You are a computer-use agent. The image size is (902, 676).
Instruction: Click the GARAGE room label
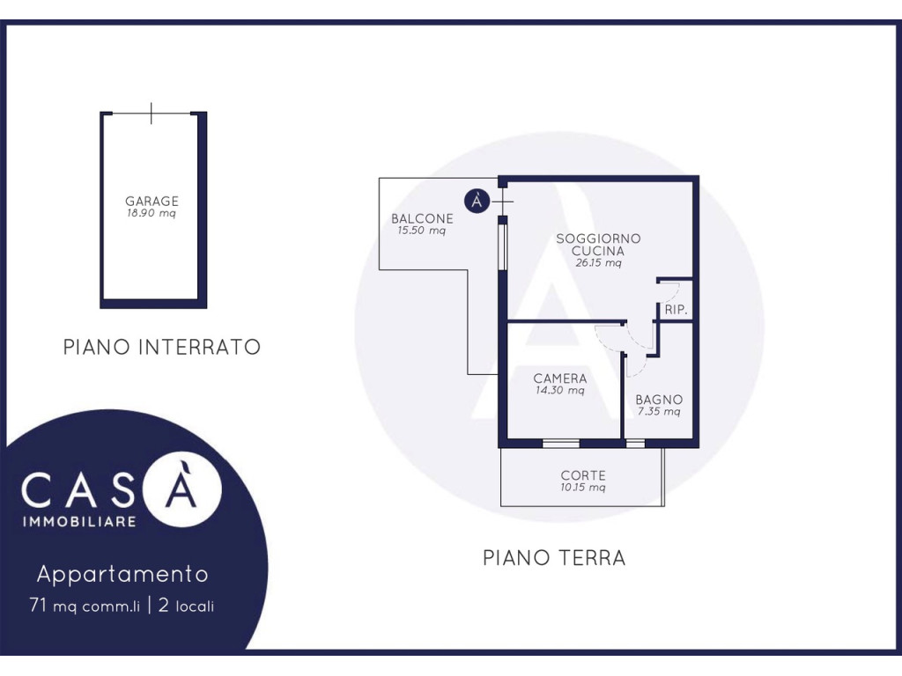tap(152, 202)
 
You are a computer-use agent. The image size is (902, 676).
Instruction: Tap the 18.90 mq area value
tap(152, 213)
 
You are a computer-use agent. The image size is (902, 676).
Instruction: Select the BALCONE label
tap(422, 218)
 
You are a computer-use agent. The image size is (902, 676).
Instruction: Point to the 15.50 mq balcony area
tap(422, 231)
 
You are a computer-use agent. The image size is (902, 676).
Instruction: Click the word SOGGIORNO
tap(598, 239)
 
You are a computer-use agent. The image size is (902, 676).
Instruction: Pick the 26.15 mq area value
tap(598, 262)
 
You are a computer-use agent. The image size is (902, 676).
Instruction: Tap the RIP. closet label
tap(676, 309)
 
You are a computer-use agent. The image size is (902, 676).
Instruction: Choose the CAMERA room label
tap(559, 378)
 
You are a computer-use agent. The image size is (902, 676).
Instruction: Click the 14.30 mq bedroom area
tap(559, 390)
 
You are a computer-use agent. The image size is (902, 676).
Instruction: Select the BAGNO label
tap(659, 400)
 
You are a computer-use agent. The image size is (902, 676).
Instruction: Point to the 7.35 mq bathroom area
tap(659, 412)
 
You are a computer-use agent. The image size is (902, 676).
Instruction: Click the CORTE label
tap(583, 475)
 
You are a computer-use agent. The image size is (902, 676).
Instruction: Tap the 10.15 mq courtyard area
tap(583, 488)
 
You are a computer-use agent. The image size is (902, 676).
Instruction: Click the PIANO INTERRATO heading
tap(162, 347)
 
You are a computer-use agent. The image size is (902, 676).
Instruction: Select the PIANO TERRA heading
tap(554, 557)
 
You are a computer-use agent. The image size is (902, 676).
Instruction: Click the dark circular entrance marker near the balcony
tap(477, 201)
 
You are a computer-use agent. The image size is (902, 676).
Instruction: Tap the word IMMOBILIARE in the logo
tap(79, 522)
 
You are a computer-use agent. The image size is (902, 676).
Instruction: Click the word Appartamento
tap(122, 574)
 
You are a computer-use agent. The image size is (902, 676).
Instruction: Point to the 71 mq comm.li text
tap(85, 606)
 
